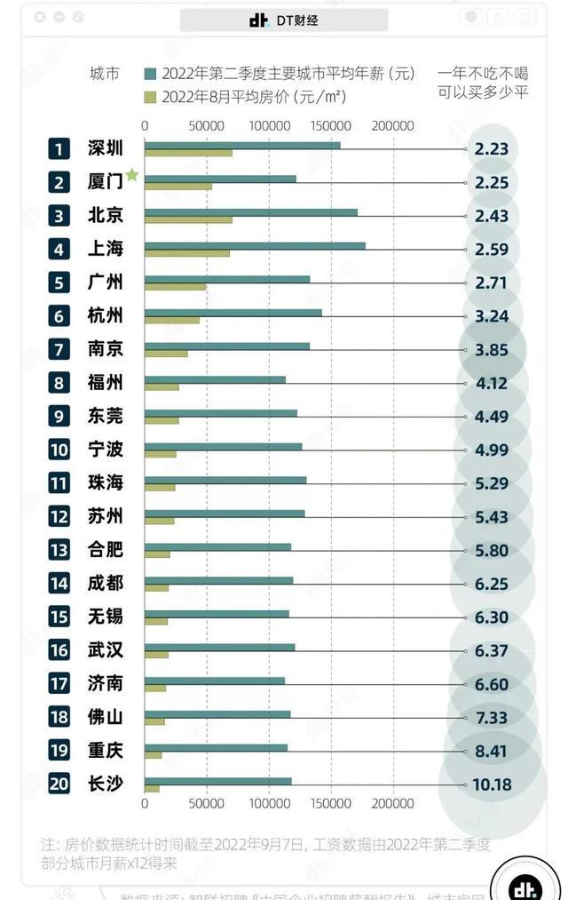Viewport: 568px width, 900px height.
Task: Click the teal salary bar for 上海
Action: point(254,245)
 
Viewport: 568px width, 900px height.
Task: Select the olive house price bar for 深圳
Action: point(188,153)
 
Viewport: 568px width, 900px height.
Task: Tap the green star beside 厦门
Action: point(132,175)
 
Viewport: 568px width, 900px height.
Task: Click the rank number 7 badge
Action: point(59,349)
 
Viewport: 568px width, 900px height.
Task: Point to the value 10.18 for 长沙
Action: point(493,785)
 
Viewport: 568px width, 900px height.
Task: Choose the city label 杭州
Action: point(106,315)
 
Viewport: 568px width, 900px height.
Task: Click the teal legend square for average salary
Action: point(150,75)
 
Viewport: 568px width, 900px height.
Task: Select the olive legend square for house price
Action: point(150,96)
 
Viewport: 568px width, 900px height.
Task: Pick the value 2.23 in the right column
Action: point(492,148)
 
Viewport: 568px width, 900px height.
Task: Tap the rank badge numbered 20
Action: point(59,785)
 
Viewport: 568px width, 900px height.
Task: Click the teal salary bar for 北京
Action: point(250,211)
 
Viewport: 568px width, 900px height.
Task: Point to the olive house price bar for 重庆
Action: point(153,755)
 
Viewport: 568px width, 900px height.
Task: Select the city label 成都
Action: point(106,583)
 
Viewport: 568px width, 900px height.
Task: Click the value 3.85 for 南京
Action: point(492,349)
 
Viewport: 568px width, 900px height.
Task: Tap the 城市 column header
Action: point(105,75)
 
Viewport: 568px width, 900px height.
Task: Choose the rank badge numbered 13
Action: point(59,550)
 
